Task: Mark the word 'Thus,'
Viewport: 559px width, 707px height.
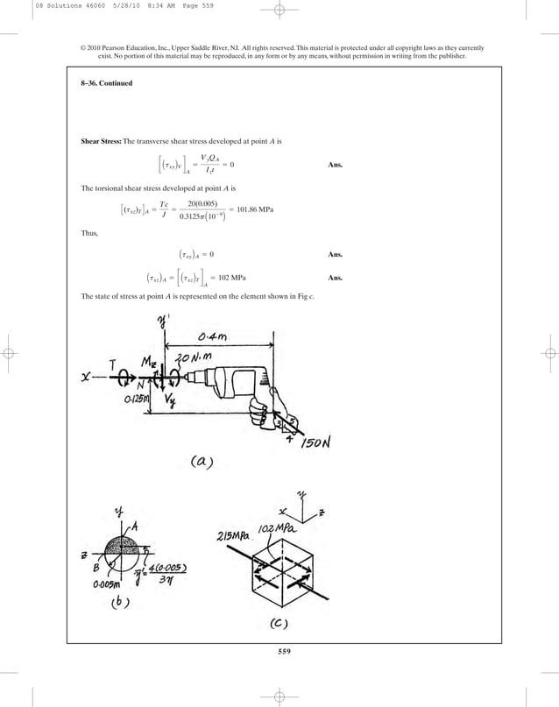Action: click(x=89, y=234)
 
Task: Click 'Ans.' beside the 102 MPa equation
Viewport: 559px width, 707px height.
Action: click(x=334, y=279)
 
